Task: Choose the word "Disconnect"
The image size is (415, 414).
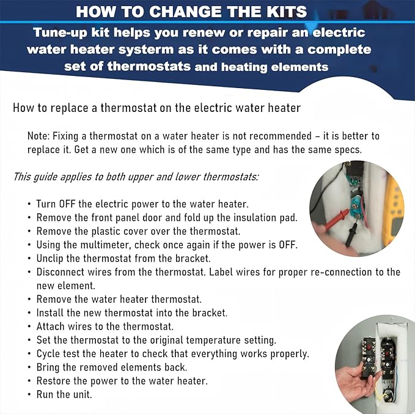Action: coord(62,272)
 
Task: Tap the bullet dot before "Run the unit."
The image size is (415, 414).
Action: coord(30,394)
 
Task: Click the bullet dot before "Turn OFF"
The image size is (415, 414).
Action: coord(30,204)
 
